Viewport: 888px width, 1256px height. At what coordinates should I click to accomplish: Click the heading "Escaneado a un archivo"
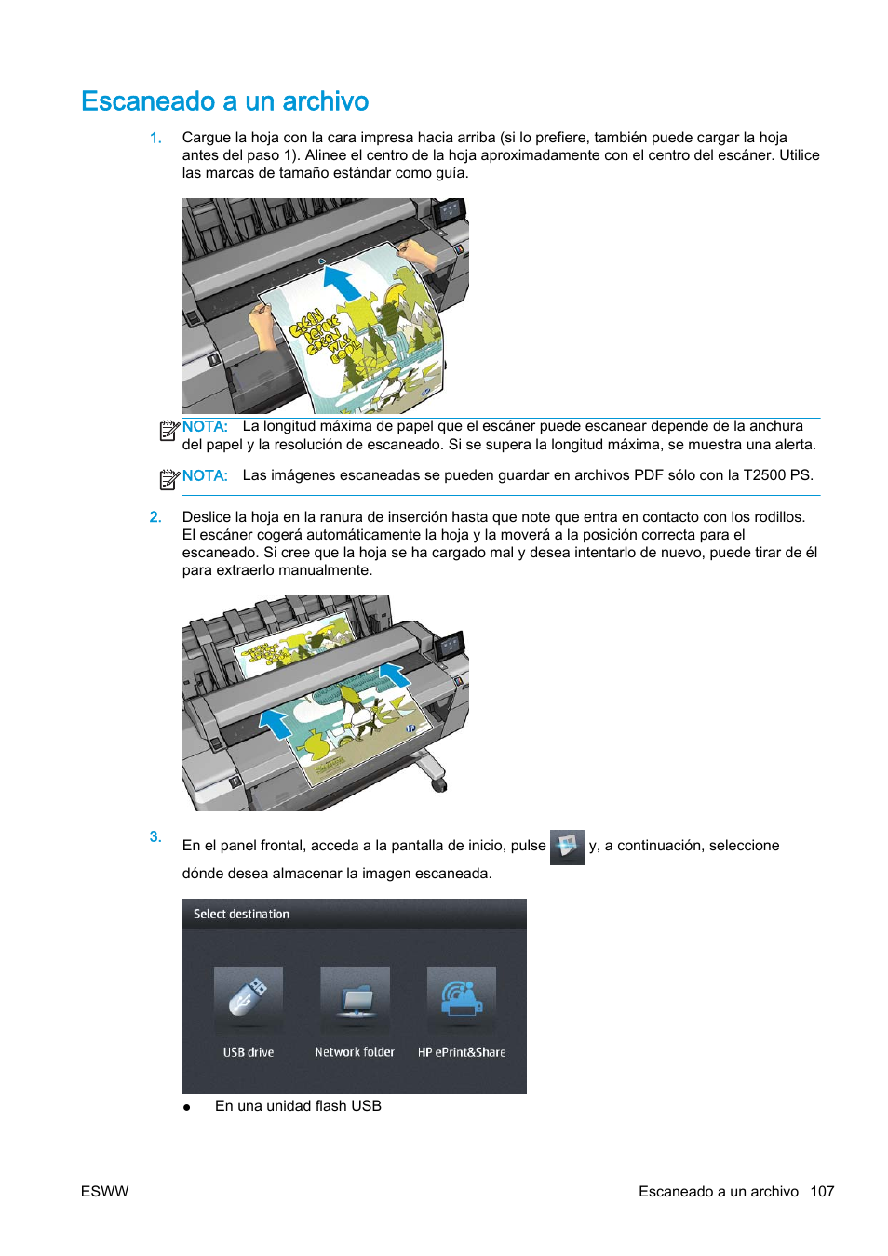pos(224,101)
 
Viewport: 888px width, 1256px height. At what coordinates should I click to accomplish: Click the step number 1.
pos(155,138)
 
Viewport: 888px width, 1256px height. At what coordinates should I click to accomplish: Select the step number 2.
pos(155,517)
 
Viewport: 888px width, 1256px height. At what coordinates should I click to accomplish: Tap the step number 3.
pos(155,836)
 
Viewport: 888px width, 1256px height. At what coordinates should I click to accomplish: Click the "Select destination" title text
pos(241,915)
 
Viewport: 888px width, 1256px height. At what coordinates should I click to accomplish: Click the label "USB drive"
pos(249,1052)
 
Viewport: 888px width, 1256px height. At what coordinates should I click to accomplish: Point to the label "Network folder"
pos(355,1052)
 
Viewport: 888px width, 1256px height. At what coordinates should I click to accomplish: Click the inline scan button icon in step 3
pos(567,847)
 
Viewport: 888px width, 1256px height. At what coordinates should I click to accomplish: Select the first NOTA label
pos(205,427)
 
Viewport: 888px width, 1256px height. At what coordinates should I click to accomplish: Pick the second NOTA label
pos(205,475)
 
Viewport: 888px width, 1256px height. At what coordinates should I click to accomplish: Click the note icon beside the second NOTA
pos(168,479)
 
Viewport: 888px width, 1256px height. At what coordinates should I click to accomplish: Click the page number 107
pos(822,1192)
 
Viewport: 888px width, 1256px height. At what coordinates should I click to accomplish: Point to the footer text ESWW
pos(104,1192)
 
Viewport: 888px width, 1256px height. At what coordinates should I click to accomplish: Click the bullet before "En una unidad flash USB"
pos(187,1107)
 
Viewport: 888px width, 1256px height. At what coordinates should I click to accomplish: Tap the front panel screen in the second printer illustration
pos(451,646)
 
